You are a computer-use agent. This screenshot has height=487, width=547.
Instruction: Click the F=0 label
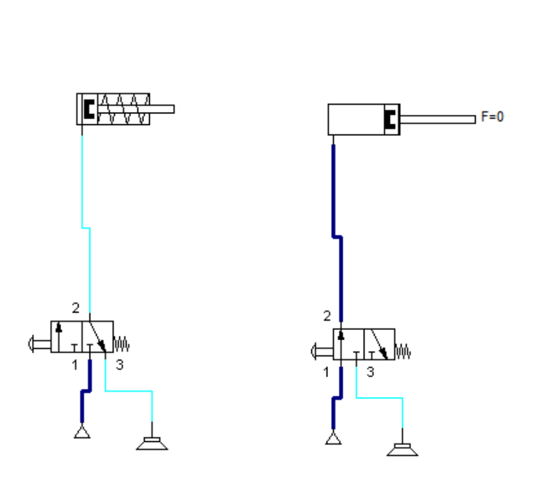(492, 116)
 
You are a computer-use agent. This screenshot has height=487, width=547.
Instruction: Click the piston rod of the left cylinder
(161, 110)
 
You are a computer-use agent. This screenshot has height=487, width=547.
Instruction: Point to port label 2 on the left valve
(75, 308)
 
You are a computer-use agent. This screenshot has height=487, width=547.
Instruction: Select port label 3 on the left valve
(119, 365)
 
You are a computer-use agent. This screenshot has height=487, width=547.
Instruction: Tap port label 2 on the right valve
(327, 316)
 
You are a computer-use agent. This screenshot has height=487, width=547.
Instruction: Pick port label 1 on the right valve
(326, 372)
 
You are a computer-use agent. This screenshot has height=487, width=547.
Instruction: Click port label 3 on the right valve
(370, 372)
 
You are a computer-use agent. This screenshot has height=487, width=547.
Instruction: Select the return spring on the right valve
(403, 352)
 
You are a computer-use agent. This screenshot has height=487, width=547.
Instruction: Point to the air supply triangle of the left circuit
(81, 433)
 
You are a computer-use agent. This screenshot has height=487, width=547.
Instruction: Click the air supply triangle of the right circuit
(333, 438)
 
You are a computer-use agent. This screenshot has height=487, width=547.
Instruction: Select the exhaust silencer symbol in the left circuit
(152, 442)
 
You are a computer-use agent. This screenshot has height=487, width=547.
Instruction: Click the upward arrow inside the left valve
(59, 336)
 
